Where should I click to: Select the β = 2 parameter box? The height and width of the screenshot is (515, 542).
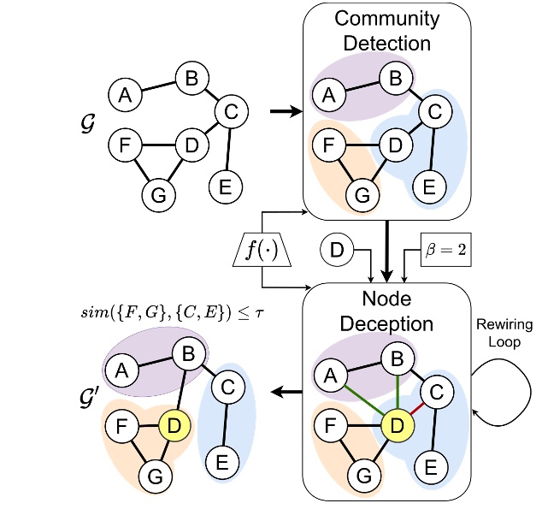pyautogui.click(x=445, y=251)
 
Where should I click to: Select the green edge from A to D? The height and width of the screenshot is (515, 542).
pyautogui.click(x=360, y=397)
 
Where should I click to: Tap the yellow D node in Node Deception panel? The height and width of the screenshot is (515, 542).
pyautogui.click(x=396, y=424)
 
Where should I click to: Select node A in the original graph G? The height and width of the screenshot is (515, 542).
pyautogui.click(x=125, y=94)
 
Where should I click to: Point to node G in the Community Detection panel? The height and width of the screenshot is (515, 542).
pyautogui.click(x=362, y=194)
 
